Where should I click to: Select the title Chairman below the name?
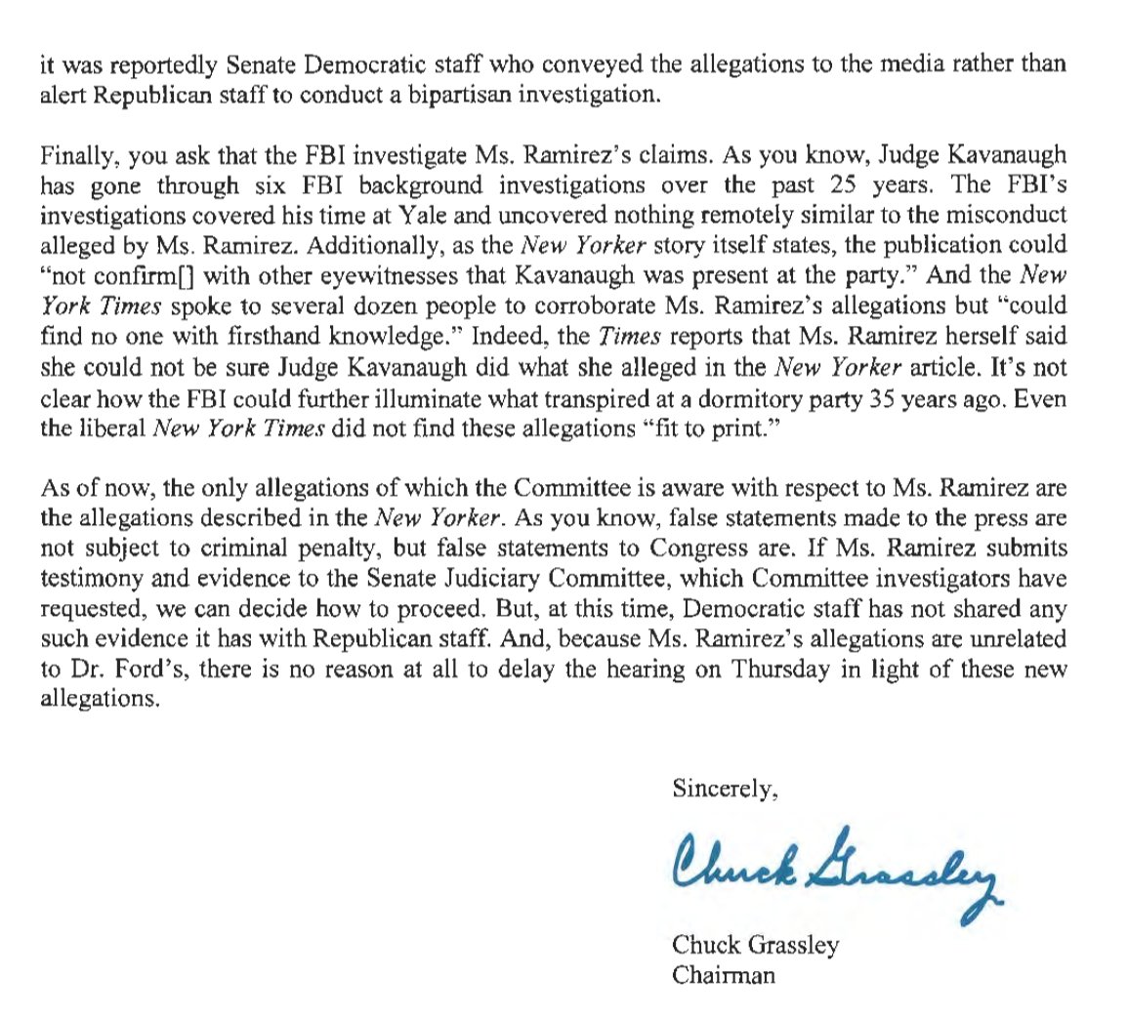pos(724,975)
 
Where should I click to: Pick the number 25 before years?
pos(869,185)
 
